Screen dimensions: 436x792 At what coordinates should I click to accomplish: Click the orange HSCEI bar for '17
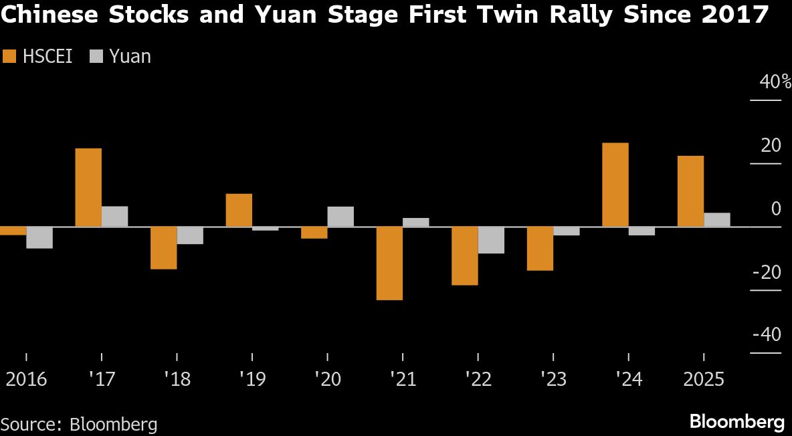[88, 187]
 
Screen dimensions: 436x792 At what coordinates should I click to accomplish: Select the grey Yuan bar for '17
[114, 217]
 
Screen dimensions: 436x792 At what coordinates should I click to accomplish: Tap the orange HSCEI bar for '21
[389, 263]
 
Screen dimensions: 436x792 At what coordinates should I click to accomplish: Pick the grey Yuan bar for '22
[491, 240]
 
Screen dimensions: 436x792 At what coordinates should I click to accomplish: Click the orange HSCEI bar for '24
[615, 185]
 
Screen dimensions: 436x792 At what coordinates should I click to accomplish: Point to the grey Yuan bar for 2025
[717, 220]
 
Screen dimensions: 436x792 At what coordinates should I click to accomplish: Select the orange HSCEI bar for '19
[239, 210]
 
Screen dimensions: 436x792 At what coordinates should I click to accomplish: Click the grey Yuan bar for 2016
[39, 238]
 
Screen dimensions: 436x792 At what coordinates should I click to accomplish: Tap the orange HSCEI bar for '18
[163, 248]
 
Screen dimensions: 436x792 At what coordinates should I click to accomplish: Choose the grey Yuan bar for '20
[340, 217]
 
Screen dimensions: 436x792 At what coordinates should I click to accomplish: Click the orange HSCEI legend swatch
[9, 57]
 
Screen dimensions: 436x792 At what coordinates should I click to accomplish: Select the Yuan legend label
[130, 57]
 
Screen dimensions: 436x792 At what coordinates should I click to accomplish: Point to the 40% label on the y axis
[775, 82]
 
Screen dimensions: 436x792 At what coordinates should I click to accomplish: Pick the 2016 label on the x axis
[26, 379]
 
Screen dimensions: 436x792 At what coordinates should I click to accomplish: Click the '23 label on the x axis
[553, 379]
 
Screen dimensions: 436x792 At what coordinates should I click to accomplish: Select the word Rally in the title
[573, 15]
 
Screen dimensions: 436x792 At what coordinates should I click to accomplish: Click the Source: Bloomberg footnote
[79, 423]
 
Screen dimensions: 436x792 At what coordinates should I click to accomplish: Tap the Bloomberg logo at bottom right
[736, 422]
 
